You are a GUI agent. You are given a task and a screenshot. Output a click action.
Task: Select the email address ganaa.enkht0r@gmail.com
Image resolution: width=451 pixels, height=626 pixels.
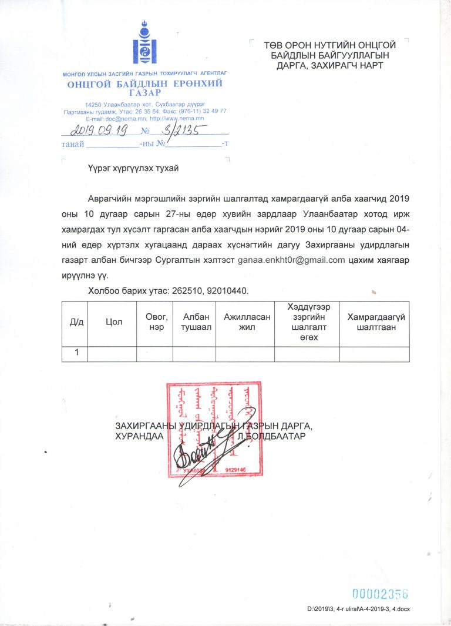click(x=290, y=259)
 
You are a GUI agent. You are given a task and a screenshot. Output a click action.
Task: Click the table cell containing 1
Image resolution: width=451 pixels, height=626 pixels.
click(x=75, y=353)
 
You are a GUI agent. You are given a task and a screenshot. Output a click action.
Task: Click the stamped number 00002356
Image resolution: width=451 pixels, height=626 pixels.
click(x=379, y=593)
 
